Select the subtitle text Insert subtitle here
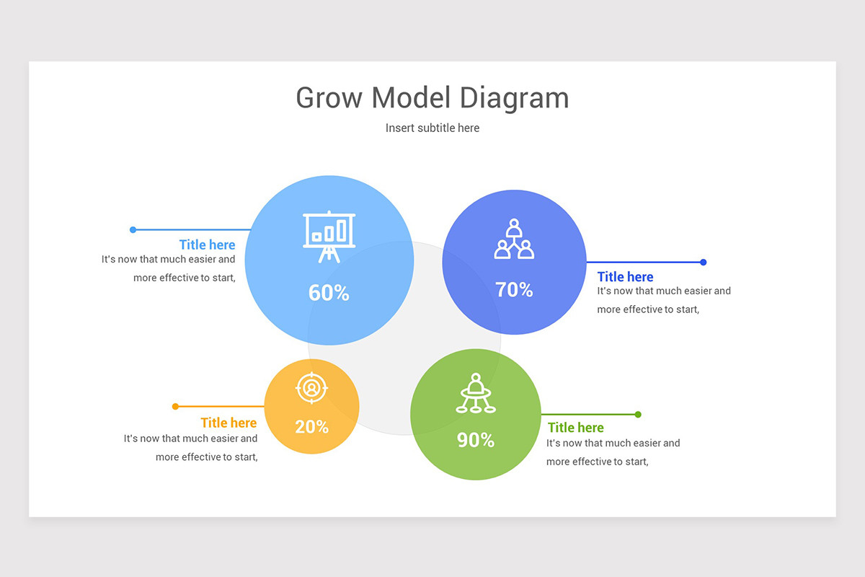(432, 128)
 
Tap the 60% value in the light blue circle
(329, 293)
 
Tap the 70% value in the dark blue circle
(514, 290)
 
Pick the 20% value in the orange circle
(311, 426)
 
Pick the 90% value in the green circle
(476, 440)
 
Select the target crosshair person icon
(311, 388)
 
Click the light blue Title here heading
(208, 245)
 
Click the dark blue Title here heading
(625, 277)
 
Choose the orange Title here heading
(229, 423)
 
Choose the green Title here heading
(576, 428)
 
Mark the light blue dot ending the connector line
(133, 230)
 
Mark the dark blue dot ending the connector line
(704, 262)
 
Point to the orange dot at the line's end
(175, 407)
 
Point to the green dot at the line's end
(638, 414)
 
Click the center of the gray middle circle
(404, 338)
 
